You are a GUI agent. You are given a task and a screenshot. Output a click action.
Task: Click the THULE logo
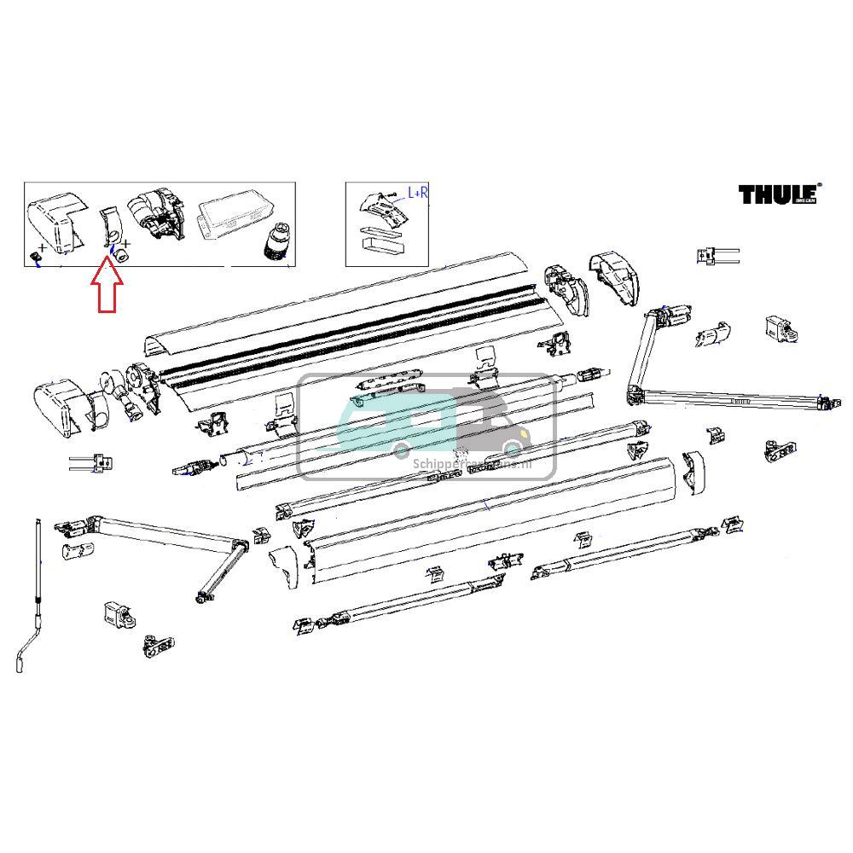click(777, 194)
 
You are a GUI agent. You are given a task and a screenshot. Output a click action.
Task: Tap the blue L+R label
click(418, 193)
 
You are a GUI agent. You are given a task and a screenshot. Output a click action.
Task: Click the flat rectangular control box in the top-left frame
click(234, 220)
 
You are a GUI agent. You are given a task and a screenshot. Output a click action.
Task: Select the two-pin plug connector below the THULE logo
click(716, 255)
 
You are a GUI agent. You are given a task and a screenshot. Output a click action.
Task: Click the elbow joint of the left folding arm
click(239, 545)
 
